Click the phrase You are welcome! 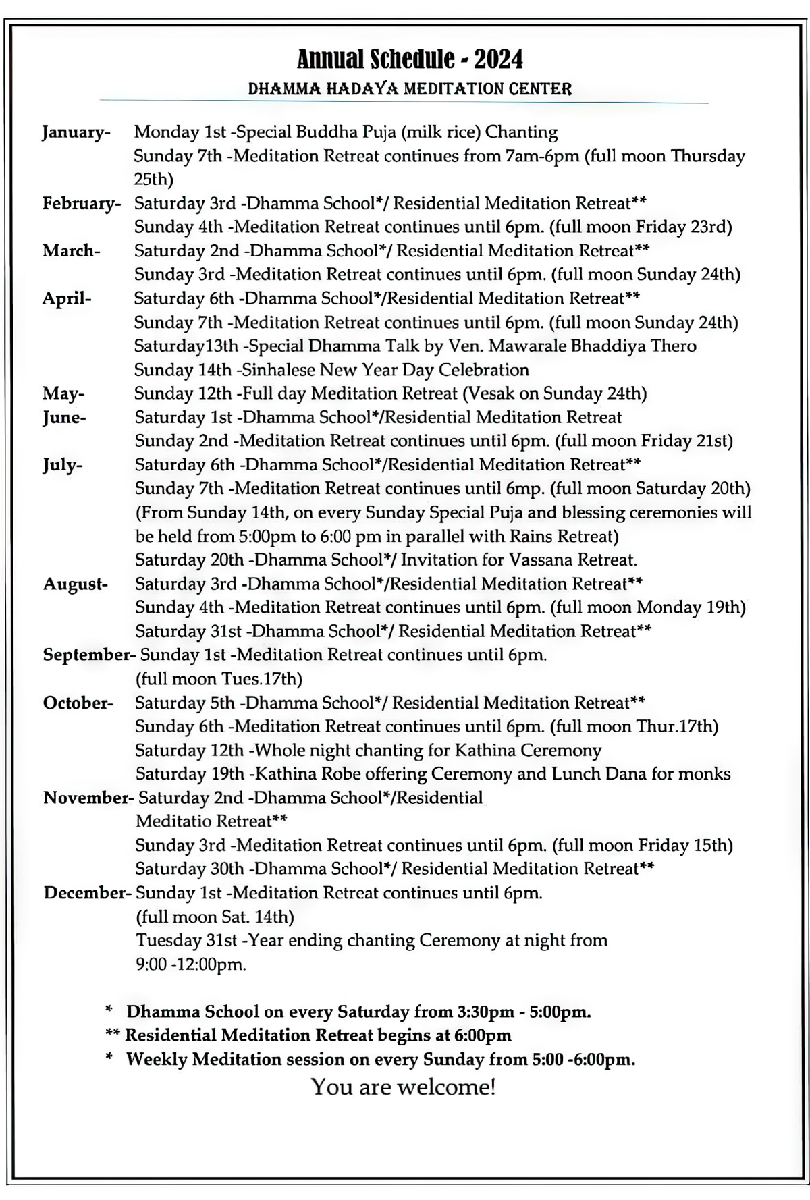coord(404,1087)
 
